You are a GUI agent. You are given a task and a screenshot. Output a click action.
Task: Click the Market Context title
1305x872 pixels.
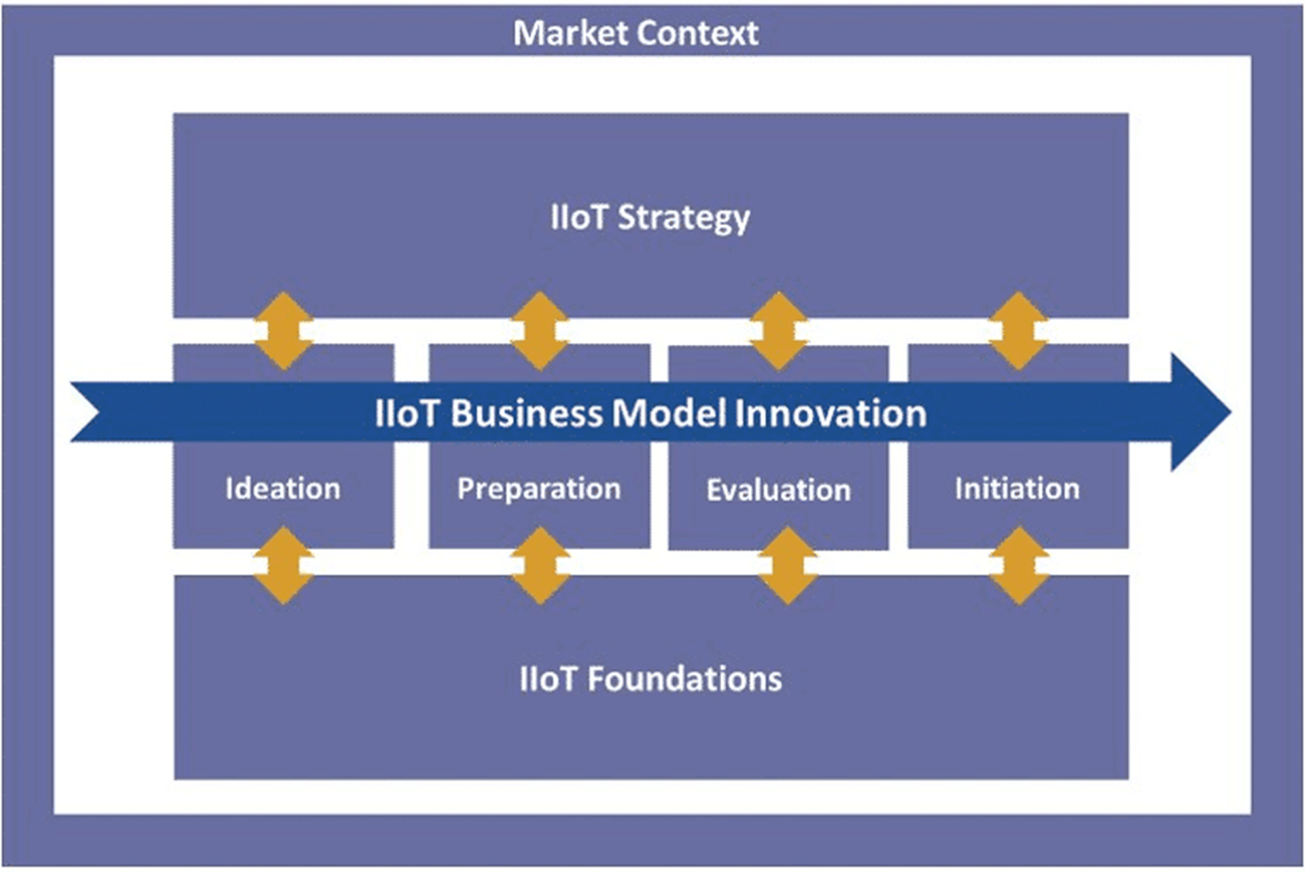636,33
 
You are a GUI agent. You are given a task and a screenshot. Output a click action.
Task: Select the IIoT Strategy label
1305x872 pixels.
650,218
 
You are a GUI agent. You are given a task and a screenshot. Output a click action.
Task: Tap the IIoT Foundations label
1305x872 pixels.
650,678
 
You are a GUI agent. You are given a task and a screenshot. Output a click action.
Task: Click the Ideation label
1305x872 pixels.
283,488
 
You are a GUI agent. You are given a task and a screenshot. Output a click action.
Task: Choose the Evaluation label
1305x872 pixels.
778,490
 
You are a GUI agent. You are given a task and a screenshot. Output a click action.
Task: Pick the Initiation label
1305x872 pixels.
1017,488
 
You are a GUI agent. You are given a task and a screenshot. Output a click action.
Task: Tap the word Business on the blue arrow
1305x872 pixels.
527,412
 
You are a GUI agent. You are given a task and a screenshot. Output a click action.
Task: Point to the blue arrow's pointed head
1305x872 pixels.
1230,412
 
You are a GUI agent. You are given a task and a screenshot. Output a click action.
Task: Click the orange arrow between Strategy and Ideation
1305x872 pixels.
283,331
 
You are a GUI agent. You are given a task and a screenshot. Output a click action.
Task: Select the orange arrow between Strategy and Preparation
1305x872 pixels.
540,331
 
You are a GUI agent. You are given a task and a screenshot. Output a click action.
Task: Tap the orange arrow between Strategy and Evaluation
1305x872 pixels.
778,331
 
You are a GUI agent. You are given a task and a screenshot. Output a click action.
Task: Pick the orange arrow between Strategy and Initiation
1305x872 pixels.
1018,331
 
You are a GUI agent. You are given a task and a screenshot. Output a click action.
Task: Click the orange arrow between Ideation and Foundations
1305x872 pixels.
283,565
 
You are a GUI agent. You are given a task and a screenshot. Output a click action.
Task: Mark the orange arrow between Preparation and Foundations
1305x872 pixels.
540,565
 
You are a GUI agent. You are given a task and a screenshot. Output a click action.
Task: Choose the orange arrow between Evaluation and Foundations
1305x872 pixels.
788,565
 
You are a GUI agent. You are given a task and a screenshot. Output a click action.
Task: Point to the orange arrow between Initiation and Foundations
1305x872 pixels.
1019,565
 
